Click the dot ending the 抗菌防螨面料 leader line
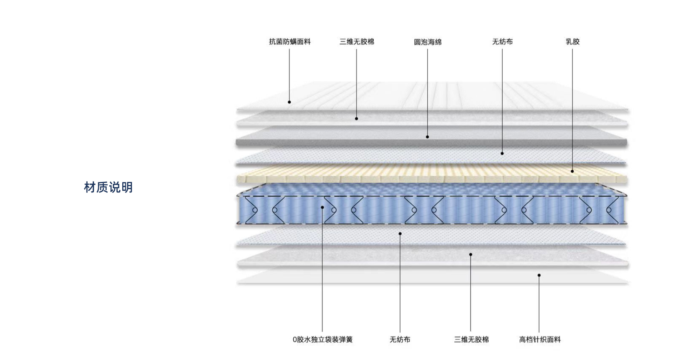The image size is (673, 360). pos(290,102)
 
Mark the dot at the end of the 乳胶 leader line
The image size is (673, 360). pos(572,171)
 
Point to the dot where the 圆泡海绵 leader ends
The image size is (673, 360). pos(427,137)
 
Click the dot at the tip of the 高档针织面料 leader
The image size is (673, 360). pos(539,275)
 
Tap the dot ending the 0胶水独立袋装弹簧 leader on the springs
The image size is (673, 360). pos(322,207)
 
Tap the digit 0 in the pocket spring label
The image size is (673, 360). pos(295,339)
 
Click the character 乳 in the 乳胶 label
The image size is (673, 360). pos(569,42)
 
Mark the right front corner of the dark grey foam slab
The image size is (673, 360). pos(627,144)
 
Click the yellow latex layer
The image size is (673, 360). pos(432,175)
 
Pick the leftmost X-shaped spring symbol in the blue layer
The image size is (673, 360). pos(265,210)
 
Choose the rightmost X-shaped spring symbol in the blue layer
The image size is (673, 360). pos(599,210)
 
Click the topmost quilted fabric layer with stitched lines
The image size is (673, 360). pos(432,97)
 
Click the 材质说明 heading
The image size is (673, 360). pos(108,187)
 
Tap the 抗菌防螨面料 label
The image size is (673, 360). pos(290,42)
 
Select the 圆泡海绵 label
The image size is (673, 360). pos(428,42)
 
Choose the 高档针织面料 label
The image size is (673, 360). pos(540,339)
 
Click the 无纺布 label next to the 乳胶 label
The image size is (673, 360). pos(502,42)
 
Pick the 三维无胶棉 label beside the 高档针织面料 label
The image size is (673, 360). pos(471,339)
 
